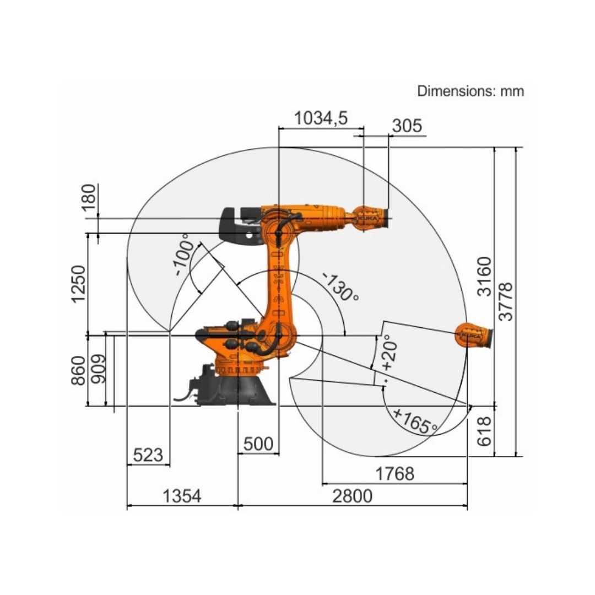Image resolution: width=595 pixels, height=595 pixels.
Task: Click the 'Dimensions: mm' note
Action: pos(470,91)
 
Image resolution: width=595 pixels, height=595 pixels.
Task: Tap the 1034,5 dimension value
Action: pos(321,118)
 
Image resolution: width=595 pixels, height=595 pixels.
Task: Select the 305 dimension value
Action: pos(407,126)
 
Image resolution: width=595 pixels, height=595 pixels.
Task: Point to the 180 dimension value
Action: pos(88,197)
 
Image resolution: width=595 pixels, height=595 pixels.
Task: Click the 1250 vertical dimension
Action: pos(79,284)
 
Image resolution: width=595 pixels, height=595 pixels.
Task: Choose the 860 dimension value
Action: pos(79,370)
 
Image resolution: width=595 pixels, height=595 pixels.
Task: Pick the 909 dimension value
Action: pos(98,369)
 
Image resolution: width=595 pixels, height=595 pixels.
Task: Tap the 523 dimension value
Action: pos(148,455)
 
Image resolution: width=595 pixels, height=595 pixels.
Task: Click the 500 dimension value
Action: pos(258,443)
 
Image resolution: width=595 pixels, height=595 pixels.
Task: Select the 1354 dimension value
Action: pos(182,496)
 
